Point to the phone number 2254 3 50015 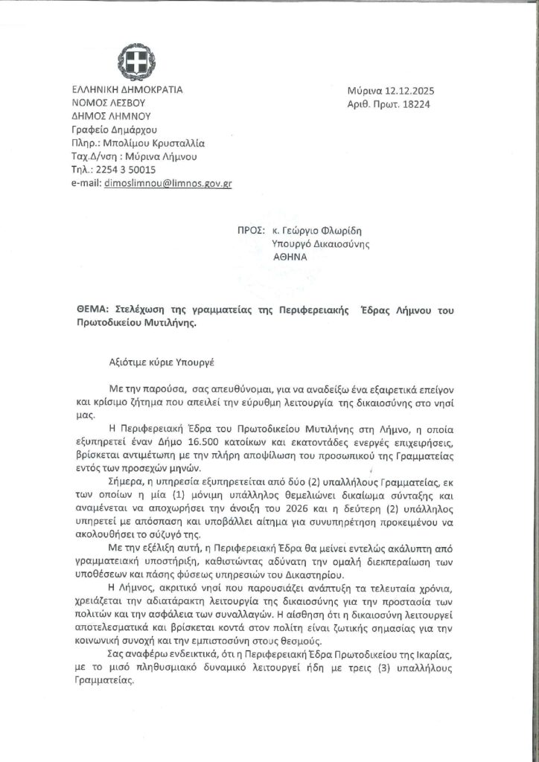point(124,170)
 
